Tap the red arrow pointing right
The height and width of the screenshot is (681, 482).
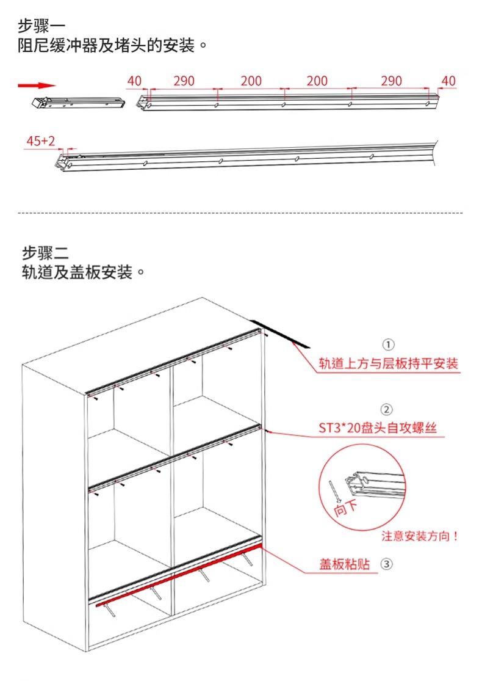37,86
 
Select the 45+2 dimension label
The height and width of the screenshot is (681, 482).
40,142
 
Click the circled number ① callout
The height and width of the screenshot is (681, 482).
388,344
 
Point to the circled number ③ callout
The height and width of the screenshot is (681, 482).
387,564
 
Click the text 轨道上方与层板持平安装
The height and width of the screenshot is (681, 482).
388,364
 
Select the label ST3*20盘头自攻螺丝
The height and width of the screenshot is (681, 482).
378,429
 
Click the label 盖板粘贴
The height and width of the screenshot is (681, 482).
345,564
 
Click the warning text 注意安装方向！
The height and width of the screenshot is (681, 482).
420,536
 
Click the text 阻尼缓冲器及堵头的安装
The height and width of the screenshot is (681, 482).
107,46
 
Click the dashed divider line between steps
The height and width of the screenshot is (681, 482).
241,213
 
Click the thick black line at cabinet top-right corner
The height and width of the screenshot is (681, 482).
281,333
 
